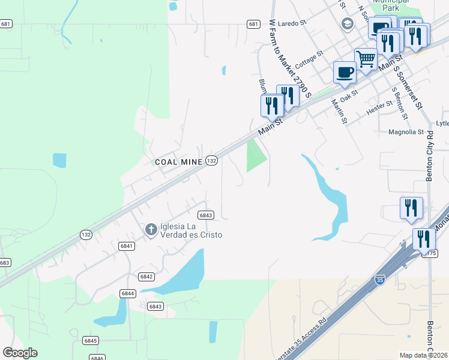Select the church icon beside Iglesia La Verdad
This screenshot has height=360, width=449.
tap(151, 229)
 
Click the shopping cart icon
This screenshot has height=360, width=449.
tap(366, 59)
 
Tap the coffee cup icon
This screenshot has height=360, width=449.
tap(345, 72)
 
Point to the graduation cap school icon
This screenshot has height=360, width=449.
tap(347, 23)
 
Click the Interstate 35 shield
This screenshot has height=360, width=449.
tap(379, 279)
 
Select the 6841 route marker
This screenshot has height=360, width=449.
tap(126, 246)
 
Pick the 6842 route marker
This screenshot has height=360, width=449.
tap(146, 277)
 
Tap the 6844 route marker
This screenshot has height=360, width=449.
tap(127, 293)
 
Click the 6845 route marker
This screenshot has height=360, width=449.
tap(90, 340)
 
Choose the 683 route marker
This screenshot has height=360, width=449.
tap(5, 263)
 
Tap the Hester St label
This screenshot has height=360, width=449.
tap(379, 109)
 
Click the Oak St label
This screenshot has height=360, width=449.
tap(348, 95)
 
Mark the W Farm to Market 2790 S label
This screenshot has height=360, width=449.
tap(291, 58)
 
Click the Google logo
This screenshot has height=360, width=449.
tap(20, 353)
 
